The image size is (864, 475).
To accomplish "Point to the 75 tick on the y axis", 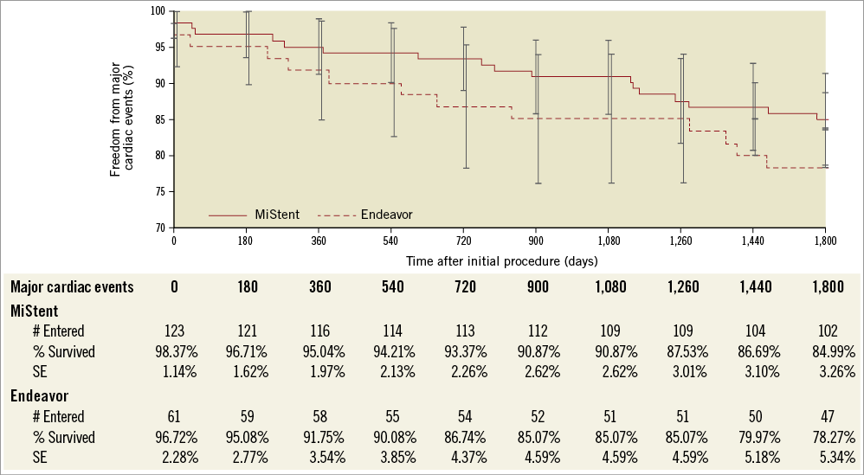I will (x=163, y=192).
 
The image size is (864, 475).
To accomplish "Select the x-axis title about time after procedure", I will (x=500, y=260).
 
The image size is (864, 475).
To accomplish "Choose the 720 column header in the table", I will (x=463, y=287).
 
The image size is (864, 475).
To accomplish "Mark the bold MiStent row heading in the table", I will (x=35, y=309).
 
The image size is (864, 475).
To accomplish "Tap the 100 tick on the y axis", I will (x=161, y=11).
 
